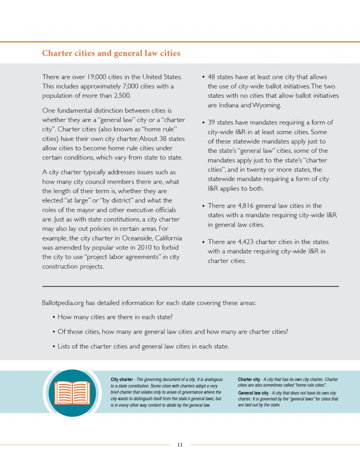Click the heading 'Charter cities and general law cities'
click(x=111, y=53)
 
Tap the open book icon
click(x=72, y=393)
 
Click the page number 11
click(x=180, y=445)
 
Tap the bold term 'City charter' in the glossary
click(x=122, y=380)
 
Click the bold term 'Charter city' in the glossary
click(x=249, y=380)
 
